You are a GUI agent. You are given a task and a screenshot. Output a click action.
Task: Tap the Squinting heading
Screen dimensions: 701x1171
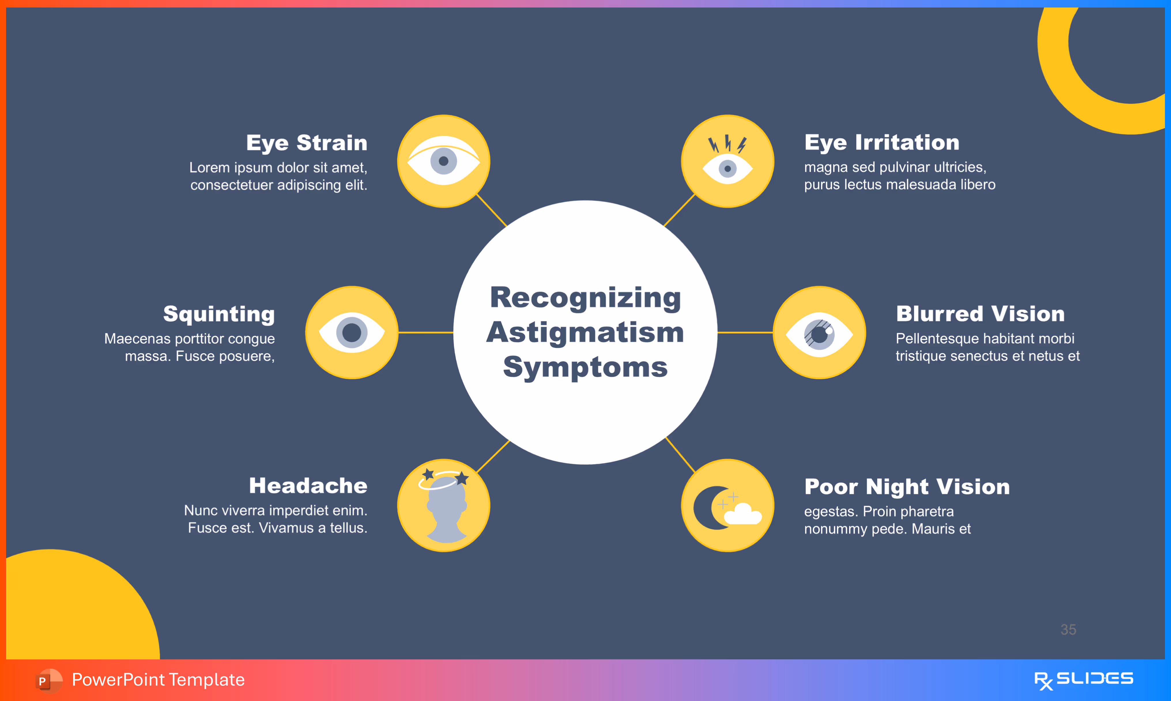[219, 314]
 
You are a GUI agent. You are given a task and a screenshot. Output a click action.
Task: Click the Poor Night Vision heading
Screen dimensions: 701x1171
[907, 487]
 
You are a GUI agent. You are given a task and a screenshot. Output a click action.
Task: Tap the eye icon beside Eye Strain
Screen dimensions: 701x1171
[443, 161]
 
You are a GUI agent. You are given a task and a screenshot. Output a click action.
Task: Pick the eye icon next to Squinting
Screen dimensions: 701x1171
[352, 333]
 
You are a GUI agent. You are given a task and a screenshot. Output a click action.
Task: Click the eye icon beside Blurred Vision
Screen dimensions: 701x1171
[819, 333]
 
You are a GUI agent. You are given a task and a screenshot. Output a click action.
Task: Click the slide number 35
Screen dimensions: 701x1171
[1068, 629]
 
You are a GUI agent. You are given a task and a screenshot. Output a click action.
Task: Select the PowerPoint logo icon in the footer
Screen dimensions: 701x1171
[48, 680]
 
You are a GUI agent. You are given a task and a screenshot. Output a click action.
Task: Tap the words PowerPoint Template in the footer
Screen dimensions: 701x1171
[158, 680]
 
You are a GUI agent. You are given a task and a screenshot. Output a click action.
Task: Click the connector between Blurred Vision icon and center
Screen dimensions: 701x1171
[745, 333]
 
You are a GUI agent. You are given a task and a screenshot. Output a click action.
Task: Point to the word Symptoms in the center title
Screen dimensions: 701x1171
[585, 367]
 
